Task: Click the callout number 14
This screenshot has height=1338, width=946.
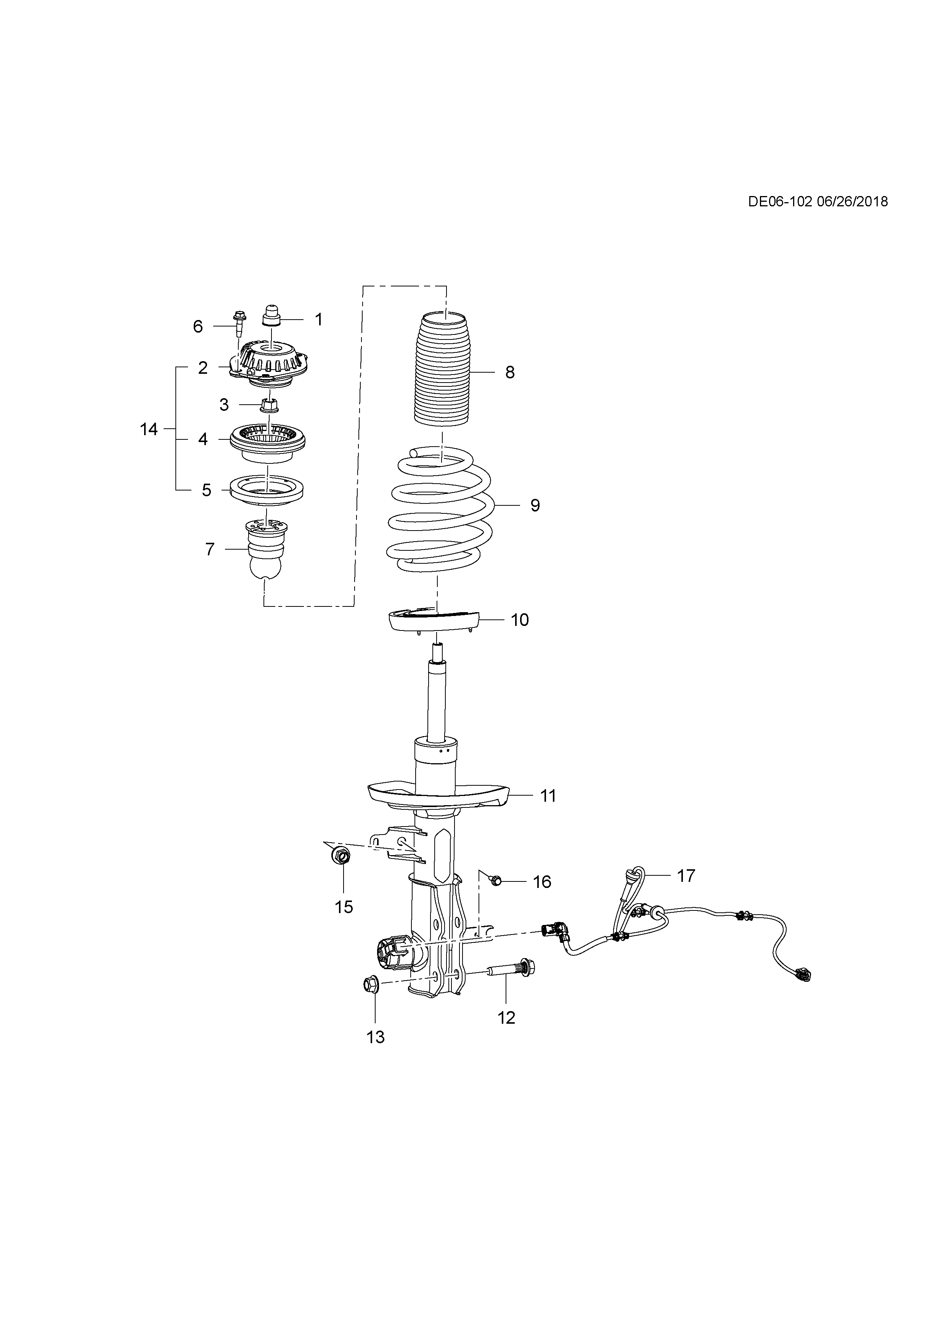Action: [x=149, y=429]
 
